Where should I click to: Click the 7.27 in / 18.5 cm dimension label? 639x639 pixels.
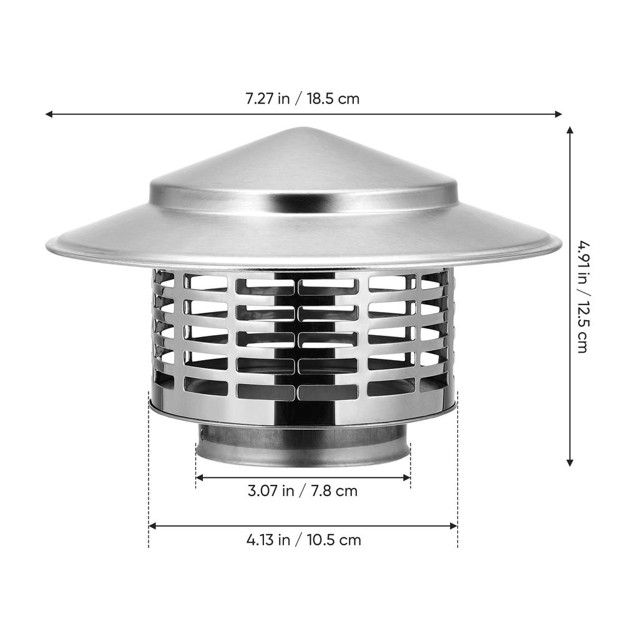tap(302, 99)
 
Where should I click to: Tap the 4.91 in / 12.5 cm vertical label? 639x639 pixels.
tap(582, 296)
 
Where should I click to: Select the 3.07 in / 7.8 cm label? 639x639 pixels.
tap(303, 490)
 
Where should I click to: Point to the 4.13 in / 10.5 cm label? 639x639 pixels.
tap(303, 539)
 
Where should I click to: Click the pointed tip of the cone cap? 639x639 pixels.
tap(303, 129)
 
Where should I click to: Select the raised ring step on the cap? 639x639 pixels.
tap(303, 201)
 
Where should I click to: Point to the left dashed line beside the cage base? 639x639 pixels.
tap(149, 474)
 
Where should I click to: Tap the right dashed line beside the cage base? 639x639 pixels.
tap(457, 474)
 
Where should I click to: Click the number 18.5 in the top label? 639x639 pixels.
tap(319, 99)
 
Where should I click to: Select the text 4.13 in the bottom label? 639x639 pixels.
tap(259, 539)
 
